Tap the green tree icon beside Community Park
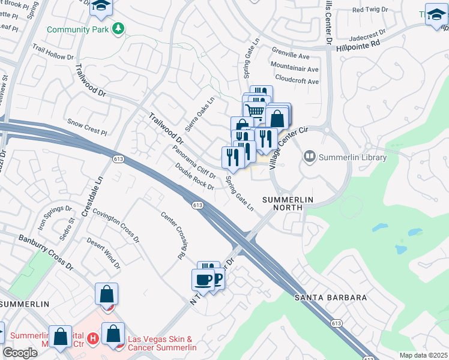point(119,28)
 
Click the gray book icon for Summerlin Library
point(310,157)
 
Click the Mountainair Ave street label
point(294,66)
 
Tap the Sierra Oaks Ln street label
point(199,115)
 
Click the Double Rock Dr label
point(194,177)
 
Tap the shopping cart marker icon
point(255,110)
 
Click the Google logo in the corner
point(20,353)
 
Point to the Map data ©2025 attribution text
point(423,355)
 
